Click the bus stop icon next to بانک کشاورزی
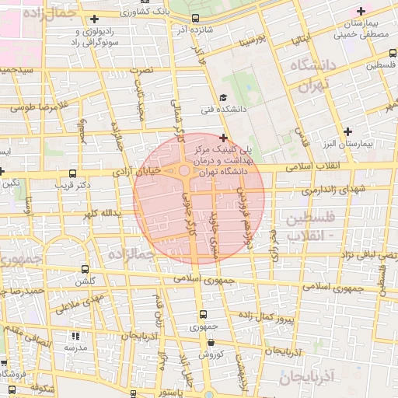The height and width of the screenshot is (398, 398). pos(195,18)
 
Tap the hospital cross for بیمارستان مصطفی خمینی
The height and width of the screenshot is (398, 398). pos(360,11)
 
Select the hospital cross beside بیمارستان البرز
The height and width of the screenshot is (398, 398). pos(347,131)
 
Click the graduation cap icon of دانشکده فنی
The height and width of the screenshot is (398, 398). pos(223,97)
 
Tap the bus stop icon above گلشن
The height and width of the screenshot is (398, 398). pos(83,267)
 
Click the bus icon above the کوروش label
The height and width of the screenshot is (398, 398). pos(211,342)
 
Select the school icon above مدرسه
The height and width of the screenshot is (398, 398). pos(75,337)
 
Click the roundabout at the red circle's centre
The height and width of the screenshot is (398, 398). pos(185,170)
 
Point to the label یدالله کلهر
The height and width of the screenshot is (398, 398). pos(98,212)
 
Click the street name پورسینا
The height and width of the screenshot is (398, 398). pos(253,38)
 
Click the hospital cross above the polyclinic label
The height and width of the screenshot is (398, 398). pos(223,138)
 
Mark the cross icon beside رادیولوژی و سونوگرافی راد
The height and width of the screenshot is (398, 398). pos(95,19)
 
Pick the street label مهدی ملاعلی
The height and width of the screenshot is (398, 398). pos(79,302)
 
